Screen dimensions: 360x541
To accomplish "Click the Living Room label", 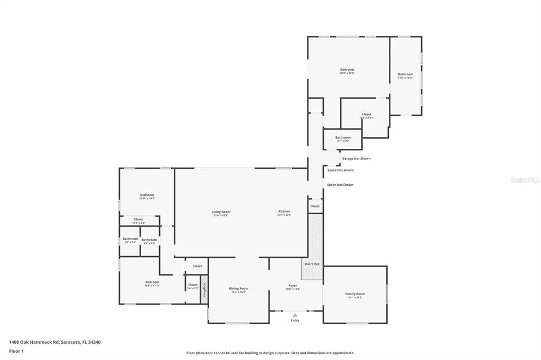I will click(x=221, y=212).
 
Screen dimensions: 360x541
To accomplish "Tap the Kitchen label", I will click(x=284, y=212).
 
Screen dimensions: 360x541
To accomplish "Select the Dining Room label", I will click(x=239, y=289).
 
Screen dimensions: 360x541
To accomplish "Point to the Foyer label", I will click(x=293, y=286).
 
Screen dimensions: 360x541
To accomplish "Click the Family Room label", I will click(x=355, y=294).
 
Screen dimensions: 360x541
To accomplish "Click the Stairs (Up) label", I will click(x=312, y=263).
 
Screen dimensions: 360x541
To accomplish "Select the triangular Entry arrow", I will click(x=295, y=315).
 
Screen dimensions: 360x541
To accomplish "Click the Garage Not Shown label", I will click(x=356, y=158).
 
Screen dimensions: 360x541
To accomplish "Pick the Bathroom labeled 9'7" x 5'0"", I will click(x=343, y=138).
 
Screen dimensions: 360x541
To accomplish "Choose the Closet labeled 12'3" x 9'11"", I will click(x=367, y=115).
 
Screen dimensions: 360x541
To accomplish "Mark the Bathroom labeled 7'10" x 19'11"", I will click(x=406, y=75).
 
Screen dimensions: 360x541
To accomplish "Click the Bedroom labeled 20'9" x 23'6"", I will click(x=347, y=70).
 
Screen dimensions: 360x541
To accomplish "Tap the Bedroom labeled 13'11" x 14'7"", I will click(x=147, y=196).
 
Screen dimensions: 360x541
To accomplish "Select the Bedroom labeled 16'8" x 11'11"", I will click(x=152, y=283).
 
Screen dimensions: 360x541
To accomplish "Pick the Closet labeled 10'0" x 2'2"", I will click(x=138, y=220).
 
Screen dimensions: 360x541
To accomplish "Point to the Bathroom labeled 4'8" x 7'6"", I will click(x=150, y=240).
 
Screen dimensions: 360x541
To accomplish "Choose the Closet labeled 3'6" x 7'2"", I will click(x=193, y=286).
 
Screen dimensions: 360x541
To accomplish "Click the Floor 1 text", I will click(x=16, y=351).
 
